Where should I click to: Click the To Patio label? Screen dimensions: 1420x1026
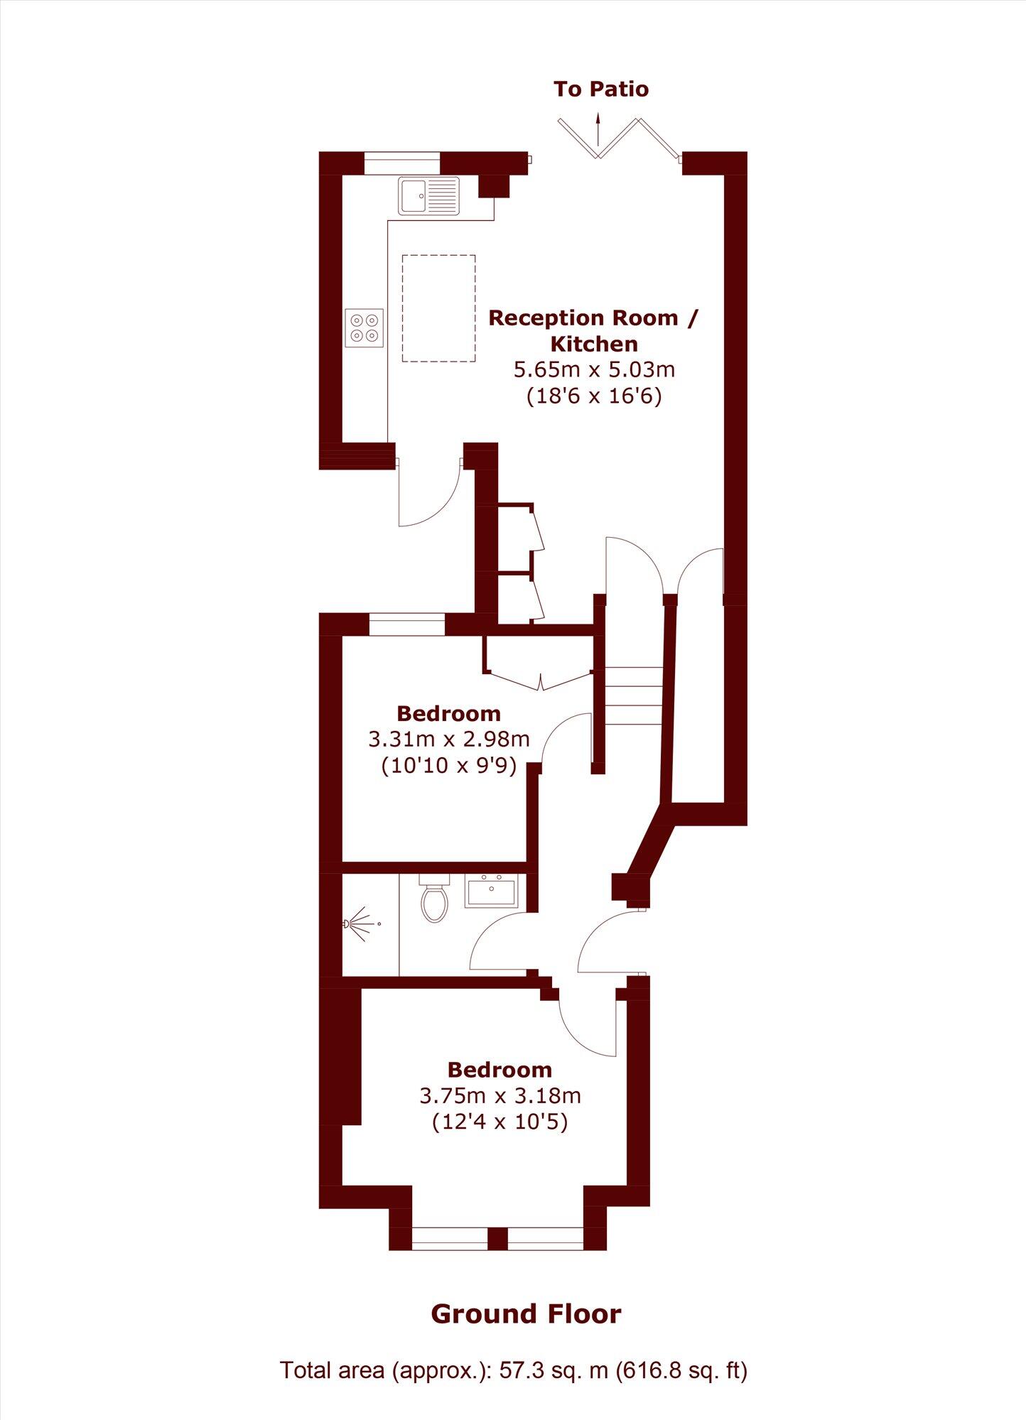tap(601, 90)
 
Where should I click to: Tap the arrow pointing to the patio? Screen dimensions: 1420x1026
tap(598, 128)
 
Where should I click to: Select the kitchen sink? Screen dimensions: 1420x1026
tap(428, 196)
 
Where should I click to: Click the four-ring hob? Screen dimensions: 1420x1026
tap(364, 328)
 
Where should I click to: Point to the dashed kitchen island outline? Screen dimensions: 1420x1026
tap(438, 308)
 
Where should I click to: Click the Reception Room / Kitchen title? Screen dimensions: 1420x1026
tap(593, 330)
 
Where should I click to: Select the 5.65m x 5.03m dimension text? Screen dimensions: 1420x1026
tap(594, 369)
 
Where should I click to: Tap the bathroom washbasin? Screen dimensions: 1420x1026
tap(491, 891)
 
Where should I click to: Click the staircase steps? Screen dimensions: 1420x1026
tap(634, 695)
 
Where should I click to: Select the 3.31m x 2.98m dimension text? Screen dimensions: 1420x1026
tap(449, 739)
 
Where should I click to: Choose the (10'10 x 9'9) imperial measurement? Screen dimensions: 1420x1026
tap(449, 766)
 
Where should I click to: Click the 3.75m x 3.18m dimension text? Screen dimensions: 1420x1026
tap(500, 1096)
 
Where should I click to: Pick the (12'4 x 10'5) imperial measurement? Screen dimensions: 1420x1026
tap(500, 1122)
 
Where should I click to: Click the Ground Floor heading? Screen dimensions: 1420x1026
tap(526, 1314)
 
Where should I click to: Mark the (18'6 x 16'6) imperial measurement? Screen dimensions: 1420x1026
tap(594, 396)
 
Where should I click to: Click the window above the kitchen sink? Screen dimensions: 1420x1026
tap(402, 163)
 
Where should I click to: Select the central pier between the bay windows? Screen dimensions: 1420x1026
tap(497, 1238)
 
